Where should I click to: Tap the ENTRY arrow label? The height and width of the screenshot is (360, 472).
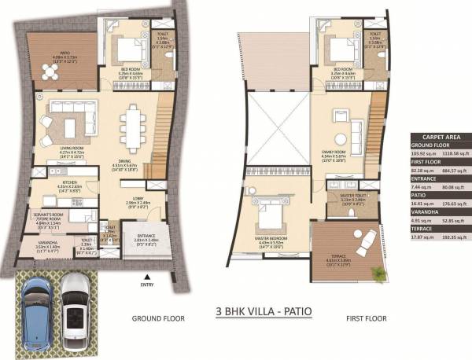[146, 285]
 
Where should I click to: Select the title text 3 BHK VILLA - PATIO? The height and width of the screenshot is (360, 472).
[264, 312]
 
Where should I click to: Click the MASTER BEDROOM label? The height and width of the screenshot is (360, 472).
[268, 237]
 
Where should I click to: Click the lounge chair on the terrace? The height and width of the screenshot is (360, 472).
[366, 244]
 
